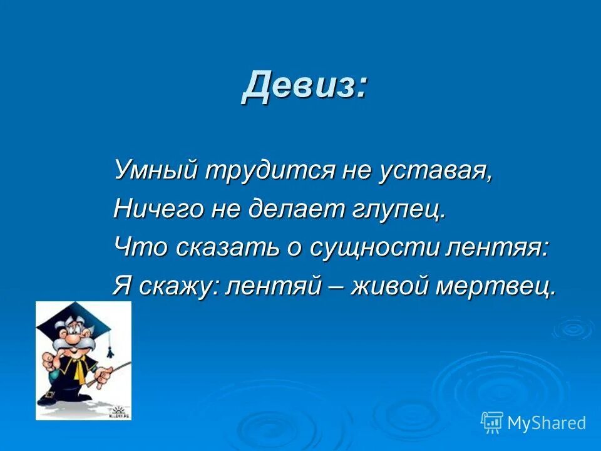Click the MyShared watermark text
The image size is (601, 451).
click(x=547, y=423)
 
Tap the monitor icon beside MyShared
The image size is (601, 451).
click(x=492, y=423)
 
